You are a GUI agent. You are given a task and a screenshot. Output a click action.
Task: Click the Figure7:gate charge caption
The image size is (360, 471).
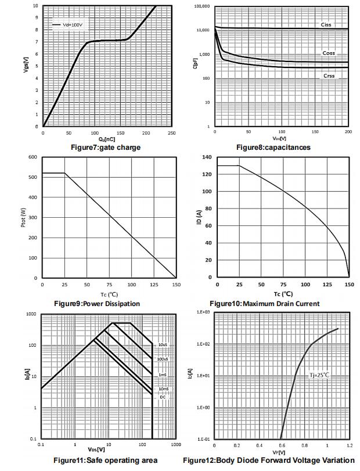click(x=105, y=148)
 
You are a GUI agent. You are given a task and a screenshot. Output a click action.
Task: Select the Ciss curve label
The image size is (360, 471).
click(x=327, y=25)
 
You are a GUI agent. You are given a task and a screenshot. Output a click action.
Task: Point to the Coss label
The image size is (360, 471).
click(x=329, y=53)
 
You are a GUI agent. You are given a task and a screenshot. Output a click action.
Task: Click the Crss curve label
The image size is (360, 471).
click(x=329, y=76)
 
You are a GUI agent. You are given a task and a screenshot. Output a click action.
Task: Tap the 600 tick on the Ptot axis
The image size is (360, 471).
click(x=33, y=157)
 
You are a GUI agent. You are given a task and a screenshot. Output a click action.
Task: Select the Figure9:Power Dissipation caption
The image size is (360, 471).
click(x=97, y=304)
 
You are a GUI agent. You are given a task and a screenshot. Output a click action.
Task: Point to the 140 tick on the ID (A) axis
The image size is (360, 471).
click(x=206, y=157)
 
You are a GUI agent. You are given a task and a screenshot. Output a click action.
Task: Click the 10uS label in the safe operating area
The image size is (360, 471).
click(x=163, y=345)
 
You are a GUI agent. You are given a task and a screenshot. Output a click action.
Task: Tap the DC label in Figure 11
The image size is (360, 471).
click(x=163, y=397)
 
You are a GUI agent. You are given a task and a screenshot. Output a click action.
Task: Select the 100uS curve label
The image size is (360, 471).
click(x=163, y=359)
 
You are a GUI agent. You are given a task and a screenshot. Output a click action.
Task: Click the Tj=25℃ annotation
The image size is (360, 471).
click(x=319, y=375)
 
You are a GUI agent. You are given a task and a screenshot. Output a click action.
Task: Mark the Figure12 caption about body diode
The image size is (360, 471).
click(x=269, y=461)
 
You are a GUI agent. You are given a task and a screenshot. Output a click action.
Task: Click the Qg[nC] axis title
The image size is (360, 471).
click(x=107, y=139)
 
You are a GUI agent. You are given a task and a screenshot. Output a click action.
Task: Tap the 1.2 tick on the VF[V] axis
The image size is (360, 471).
click(x=349, y=445)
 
